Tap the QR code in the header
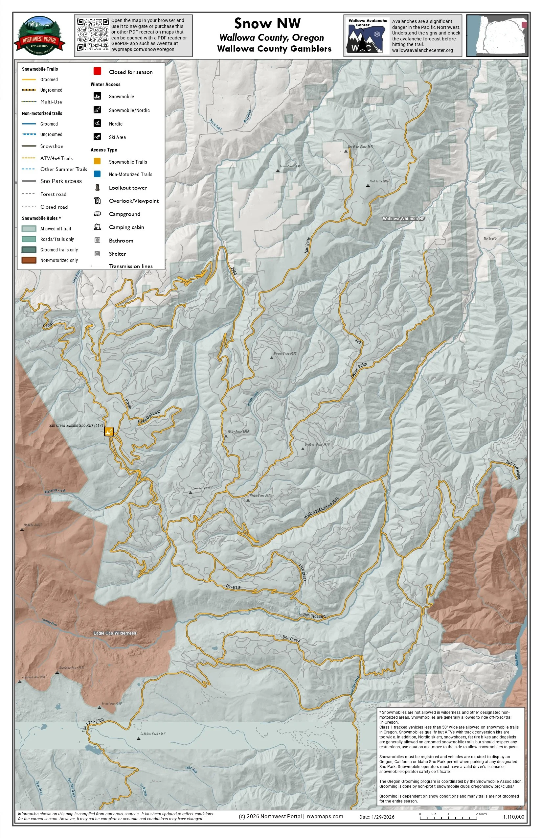point(93,35)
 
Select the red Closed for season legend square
point(98,71)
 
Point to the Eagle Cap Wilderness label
point(115,633)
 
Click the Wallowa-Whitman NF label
point(403,219)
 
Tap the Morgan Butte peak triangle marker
point(271,358)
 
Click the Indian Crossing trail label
point(312,616)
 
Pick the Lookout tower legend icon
point(98,187)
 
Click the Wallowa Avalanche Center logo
point(367,35)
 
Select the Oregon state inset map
point(497,35)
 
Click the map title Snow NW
point(267,23)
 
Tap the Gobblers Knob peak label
point(153,734)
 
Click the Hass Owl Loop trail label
point(149,417)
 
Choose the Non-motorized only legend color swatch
point(29,260)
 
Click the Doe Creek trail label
point(291,639)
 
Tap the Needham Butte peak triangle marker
point(346,151)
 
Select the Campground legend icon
point(98,214)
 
